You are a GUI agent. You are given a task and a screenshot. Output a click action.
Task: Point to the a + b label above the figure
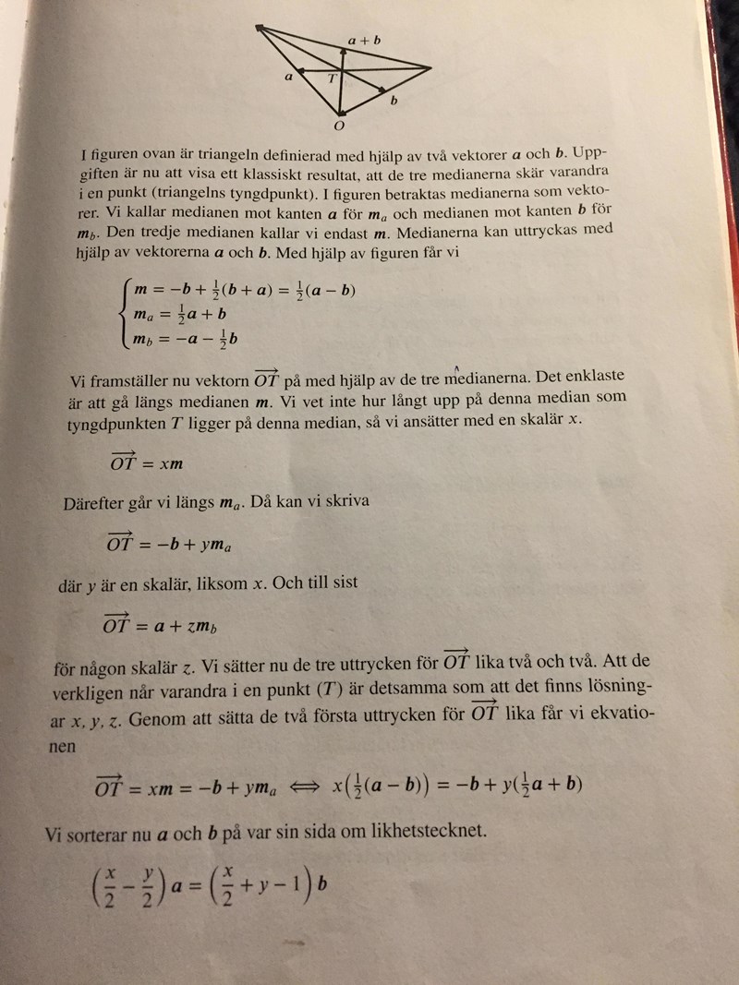[x=364, y=40]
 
